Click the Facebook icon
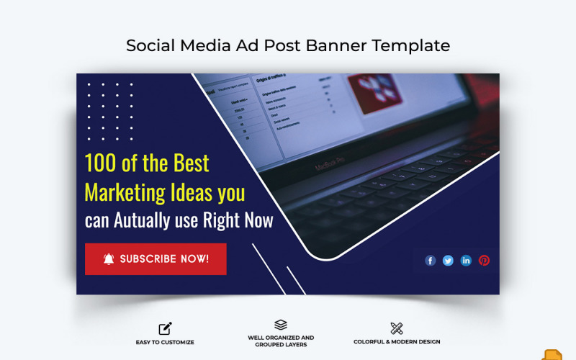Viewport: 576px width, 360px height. pos(431,261)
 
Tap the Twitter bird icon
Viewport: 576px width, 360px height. pos(448,261)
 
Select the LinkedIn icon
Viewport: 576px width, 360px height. pos(466,261)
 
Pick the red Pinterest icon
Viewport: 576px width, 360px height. pos(484,261)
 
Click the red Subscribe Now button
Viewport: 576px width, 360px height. pos(156,259)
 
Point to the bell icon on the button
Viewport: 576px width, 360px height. pos(109,259)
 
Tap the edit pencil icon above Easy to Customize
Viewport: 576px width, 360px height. pos(165,329)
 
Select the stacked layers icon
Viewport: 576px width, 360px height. pos(281,325)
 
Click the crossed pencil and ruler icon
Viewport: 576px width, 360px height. pos(396,328)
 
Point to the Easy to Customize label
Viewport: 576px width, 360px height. pos(165,342)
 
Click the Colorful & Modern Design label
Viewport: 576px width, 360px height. pos(397,342)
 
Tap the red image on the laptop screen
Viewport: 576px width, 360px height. pos(374,93)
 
